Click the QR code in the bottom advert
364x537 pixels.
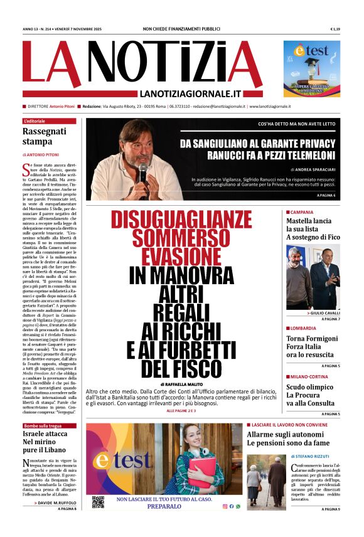coord(98,502)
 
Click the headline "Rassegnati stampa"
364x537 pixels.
coord(44,137)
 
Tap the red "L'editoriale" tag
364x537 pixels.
coord(35,120)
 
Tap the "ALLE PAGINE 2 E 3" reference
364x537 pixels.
coord(181,410)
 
